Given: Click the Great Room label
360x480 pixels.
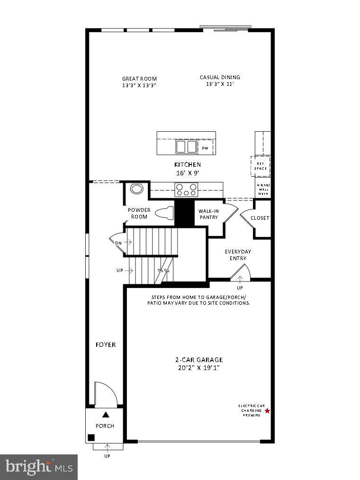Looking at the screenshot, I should tap(139, 82).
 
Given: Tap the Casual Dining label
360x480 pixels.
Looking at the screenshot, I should tap(220, 81).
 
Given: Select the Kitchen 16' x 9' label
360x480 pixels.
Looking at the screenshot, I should tap(187, 169).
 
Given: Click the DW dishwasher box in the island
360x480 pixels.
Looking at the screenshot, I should tap(205, 148).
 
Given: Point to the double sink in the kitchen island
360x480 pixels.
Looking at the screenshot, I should tap(186, 147).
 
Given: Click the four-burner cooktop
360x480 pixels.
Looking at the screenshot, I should tap(186, 190).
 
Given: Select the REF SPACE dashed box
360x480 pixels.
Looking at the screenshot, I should tap(261, 166).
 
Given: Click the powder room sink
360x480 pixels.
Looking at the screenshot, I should tap(136, 189).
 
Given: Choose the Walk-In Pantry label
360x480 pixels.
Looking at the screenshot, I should tap(208, 214).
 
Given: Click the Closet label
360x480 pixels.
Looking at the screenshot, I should tap(260, 218).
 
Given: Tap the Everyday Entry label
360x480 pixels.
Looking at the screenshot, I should tap(235, 255).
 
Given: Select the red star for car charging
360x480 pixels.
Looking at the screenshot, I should tap(267, 411).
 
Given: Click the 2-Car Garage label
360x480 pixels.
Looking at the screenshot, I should tap(198, 363).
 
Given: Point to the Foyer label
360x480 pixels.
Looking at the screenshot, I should tap(106, 345).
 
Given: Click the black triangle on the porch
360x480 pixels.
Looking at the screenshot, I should tap(106, 415).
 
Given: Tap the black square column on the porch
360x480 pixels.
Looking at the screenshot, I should tap(91, 437).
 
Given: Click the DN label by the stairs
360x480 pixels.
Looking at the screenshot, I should tap(118, 243).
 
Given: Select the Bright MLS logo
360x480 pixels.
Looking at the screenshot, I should tap(39, 467).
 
